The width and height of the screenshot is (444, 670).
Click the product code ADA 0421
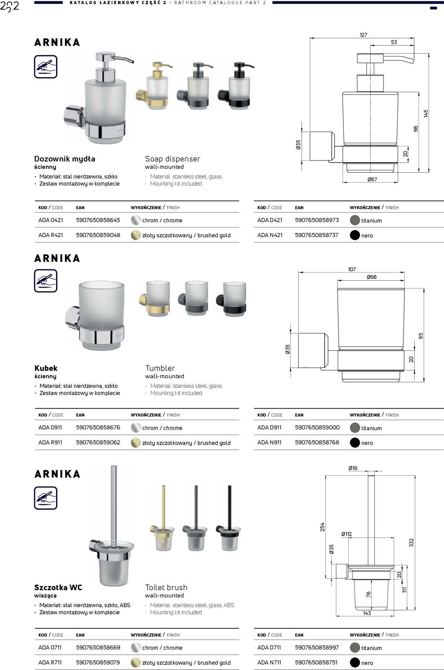[x=50, y=220]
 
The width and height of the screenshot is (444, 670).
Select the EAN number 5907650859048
[x=98, y=235]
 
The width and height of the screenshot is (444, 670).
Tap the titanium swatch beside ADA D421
[x=355, y=220]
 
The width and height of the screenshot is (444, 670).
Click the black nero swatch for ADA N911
[x=355, y=443]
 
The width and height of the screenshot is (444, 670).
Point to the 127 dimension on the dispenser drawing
[x=363, y=35]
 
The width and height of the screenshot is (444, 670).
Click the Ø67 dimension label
[x=372, y=179]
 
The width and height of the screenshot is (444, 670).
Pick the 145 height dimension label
[x=426, y=113]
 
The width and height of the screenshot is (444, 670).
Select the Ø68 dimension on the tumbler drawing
[x=371, y=277]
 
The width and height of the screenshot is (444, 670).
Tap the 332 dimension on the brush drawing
[x=411, y=542]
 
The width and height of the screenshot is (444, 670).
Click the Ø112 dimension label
[x=346, y=534]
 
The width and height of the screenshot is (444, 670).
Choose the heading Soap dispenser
[x=172, y=159]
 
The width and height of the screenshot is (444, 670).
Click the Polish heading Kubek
[x=46, y=368]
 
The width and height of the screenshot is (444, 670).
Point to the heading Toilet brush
[x=166, y=587]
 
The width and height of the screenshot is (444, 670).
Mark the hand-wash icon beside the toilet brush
[x=45, y=498]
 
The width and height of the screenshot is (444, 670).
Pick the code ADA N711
[x=269, y=662]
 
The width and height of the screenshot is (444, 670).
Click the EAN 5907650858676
[x=98, y=427]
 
